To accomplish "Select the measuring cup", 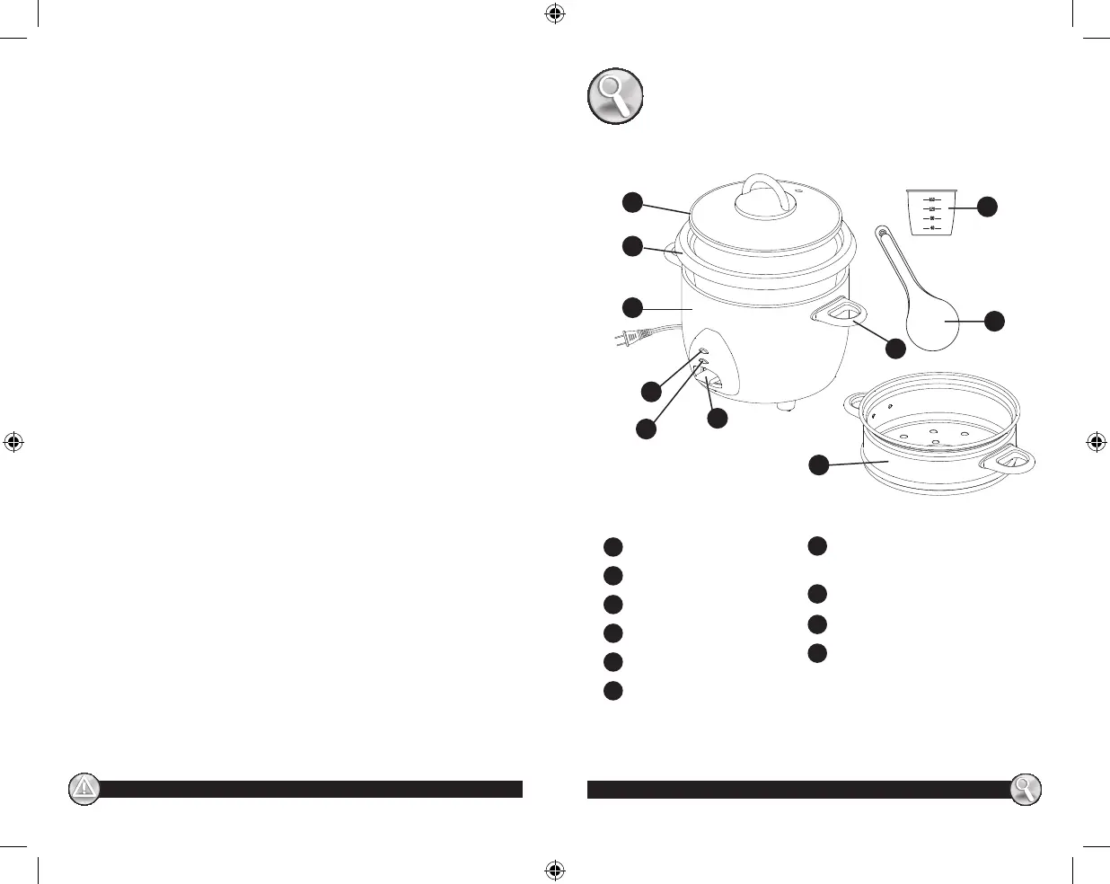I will click(x=930, y=212).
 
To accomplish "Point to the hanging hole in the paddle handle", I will click(x=883, y=234).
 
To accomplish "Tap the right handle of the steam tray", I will click(x=1009, y=463).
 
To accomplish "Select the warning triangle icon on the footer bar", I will click(x=84, y=789).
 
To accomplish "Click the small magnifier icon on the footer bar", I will click(x=1025, y=789).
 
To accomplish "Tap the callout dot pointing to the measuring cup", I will click(x=987, y=206).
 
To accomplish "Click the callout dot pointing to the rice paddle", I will click(x=994, y=321).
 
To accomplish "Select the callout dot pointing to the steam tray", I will click(x=818, y=464).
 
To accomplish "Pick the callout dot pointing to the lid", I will click(x=633, y=202).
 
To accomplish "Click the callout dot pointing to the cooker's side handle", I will click(x=895, y=349).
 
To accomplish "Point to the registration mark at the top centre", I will click(x=554, y=13).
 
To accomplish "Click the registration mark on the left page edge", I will click(x=13, y=442).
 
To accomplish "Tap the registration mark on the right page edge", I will click(x=1096, y=442).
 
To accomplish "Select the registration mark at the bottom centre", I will click(x=554, y=870).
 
